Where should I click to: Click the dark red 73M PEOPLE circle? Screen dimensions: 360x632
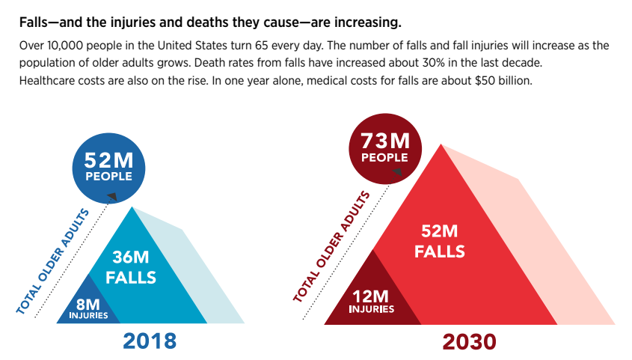pos(384,147)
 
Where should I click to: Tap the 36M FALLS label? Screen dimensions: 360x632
pos(130,267)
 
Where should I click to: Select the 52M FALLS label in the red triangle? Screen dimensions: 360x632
pos(440,242)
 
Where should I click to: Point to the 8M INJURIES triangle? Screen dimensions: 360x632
pos(88,308)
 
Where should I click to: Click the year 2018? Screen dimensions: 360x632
pos(150,341)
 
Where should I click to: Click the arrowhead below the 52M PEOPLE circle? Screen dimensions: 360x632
pos(112,196)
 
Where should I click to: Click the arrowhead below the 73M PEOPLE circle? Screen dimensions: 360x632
pos(397,171)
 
